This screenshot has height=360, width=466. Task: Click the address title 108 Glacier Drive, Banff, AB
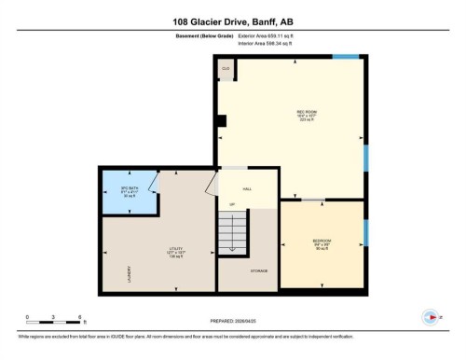[x=233, y=20]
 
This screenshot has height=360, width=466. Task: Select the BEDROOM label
[x=322, y=242]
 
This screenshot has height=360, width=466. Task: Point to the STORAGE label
[x=259, y=270]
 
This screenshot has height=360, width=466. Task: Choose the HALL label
[x=248, y=188]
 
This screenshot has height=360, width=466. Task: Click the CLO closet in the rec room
[x=225, y=69]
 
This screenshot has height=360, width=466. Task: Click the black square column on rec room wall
[x=220, y=119]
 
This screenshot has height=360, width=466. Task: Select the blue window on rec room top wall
[x=346, y=59]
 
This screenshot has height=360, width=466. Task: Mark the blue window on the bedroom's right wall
[x=365, y=232]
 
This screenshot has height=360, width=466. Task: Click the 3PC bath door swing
[x=154, y=187]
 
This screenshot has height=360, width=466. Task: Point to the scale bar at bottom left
[x=54, y=320]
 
